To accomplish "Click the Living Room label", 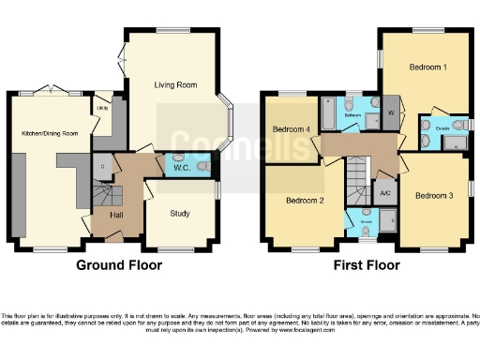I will (x=174, y=85).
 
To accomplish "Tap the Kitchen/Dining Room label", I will (x=51, y=133).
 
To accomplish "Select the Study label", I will (x=180, y=214).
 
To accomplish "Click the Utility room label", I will (x=102, y=108).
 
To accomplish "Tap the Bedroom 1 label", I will (x=427, y=67).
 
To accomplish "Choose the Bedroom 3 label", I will (x=434, y=195).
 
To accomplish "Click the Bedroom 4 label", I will (x=291, y=128).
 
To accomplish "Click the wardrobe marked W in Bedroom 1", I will (x=390, y=112).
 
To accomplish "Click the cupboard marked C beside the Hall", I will (x=101, y=167).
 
